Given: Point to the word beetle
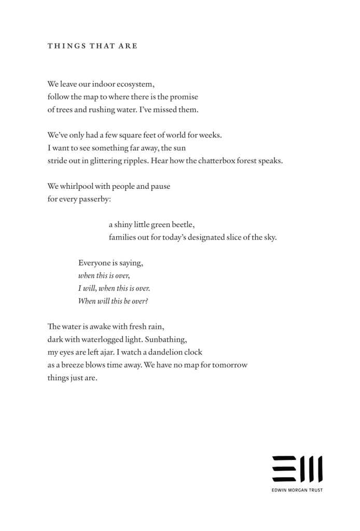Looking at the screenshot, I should tap(182, 225).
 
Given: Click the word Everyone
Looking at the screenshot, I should tap(94, 263).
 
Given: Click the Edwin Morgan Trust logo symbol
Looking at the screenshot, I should tap(297, 469).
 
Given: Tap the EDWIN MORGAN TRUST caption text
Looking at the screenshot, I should tap(297, 490).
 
